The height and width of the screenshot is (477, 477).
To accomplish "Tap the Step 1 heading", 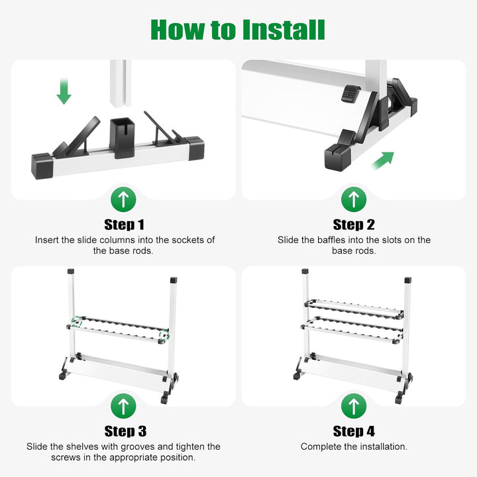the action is [x=124, y=225].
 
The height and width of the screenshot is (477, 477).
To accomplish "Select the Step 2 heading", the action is [x=354, y=225].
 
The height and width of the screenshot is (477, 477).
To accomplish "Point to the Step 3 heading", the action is [x=125, y=431].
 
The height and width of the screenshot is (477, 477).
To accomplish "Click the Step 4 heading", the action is [x=354, y=431].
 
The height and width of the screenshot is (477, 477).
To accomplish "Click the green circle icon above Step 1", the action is [x=123, y=199].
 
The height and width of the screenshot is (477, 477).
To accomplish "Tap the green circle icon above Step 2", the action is [x=354, y=199].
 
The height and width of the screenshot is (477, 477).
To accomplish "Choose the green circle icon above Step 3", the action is [x=123, y=406].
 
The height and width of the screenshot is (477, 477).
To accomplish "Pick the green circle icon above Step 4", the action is [x=354, y=406].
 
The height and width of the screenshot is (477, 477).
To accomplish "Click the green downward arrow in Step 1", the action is [x=64, y=91].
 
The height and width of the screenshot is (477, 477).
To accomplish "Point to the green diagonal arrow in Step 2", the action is [x=384, y=160].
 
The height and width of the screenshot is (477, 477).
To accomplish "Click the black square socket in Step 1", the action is [x=123, y=137].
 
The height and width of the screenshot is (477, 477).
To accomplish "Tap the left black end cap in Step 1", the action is [x=42, y=166].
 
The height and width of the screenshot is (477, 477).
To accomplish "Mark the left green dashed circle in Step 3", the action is [x=77, y=321].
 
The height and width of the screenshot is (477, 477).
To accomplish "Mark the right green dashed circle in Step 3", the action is [x=164, y=335].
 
